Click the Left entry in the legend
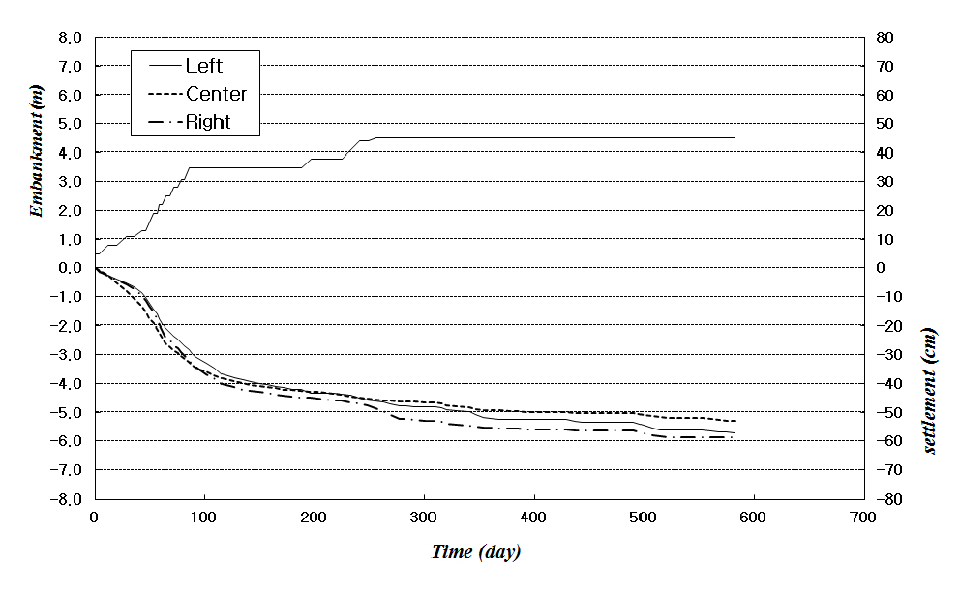203,66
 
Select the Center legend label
216,94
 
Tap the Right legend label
208,123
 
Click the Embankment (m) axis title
38,152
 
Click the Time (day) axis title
475,552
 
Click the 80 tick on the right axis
885,38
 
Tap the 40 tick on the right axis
885,153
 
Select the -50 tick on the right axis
888,412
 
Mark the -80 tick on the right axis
888,498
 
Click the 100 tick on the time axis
204,518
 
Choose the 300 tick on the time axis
424,518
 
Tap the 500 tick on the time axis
644,518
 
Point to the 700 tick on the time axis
863,518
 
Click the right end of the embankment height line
735,138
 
